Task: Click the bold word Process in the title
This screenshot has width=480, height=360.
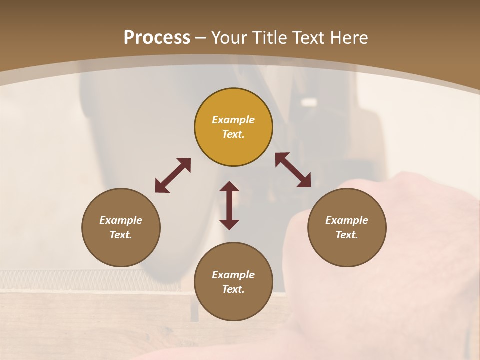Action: click(157, 38)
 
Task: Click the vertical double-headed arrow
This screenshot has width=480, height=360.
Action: click(229, 205)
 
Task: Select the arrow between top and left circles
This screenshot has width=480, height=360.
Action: click(173, 175)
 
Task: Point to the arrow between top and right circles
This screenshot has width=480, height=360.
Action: click(293, 170)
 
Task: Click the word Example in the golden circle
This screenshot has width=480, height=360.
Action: click(233, 120)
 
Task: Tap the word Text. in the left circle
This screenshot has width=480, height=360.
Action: click(121, 235)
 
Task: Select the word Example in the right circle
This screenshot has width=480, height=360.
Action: click(347, 220)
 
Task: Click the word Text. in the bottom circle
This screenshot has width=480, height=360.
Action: click(233, 289)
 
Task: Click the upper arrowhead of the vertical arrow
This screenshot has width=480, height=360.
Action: click(229, 187)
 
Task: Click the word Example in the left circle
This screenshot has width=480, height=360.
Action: click(121, 220)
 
